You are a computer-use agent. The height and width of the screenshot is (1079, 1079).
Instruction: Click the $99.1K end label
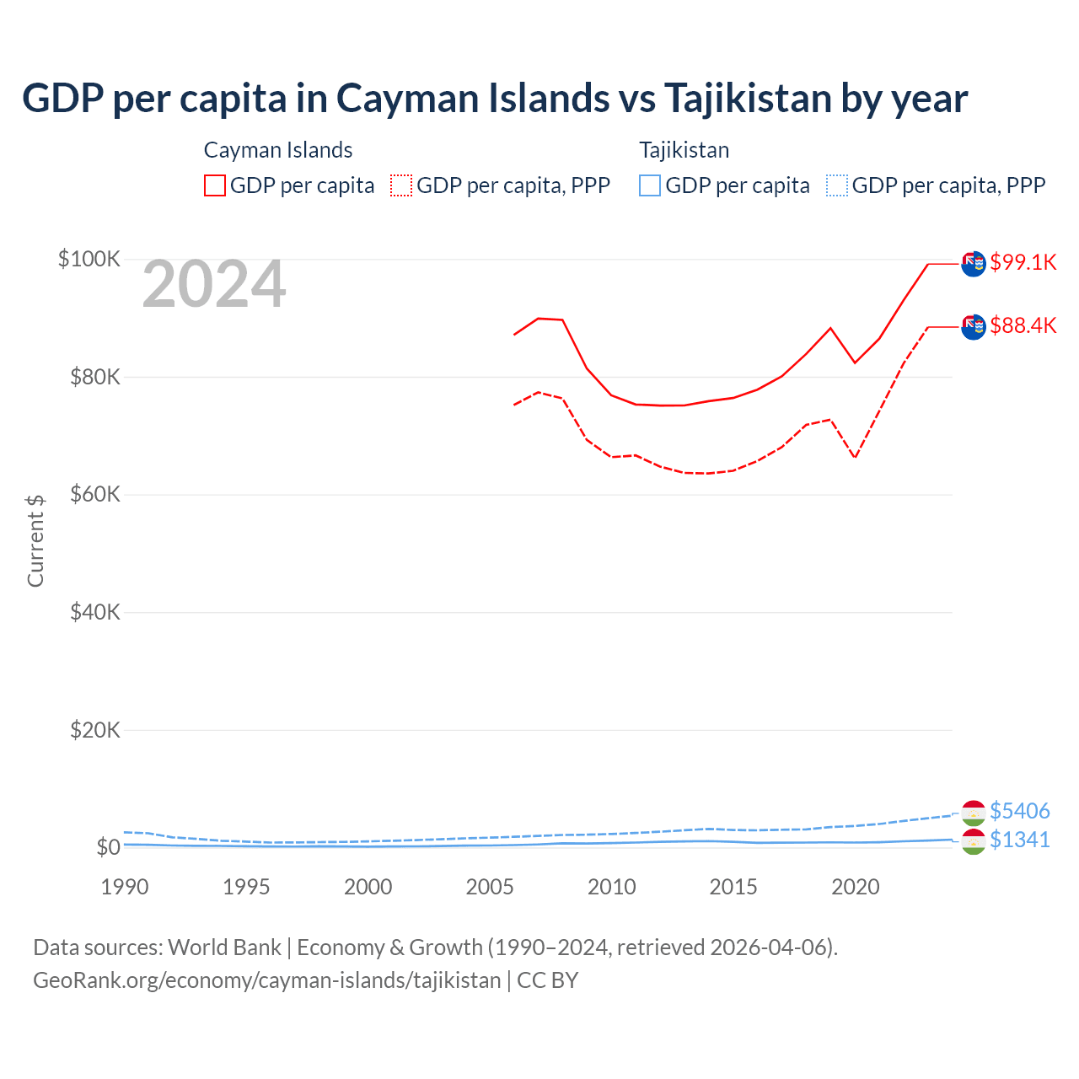pyautogui.click(x=1023, y=262)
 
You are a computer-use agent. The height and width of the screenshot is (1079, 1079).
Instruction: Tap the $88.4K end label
pyautogui.click(x=1023, y=325)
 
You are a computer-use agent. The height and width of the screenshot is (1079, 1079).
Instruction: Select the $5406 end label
pyautogui.click(x=1019, y=811)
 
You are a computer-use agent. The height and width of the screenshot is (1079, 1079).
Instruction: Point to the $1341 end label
pyautogui.click(x=1019, y=840)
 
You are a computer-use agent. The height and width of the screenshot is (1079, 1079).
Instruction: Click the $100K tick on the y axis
pyautogui.click(x=89, y=259)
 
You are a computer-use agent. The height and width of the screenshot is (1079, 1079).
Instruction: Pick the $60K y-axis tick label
pyautogui.click(x=95, y=494)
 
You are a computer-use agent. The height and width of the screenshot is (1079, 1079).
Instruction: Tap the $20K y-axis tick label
pyautogui.click(x=95, y=730)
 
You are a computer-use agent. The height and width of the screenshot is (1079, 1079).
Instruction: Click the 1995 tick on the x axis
pyautogui.click(x=246, y=887)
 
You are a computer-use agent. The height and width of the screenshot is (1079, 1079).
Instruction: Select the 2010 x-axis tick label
pyautogui.click(x=612, y=887)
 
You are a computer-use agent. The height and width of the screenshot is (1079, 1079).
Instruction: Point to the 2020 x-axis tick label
pyautogui.click(x=856, y=887)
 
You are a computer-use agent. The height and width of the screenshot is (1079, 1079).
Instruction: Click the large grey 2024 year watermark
pyautogui.click(x=214, y=285)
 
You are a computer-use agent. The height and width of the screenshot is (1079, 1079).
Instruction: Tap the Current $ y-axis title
pyautogui.click(x=35, y=540)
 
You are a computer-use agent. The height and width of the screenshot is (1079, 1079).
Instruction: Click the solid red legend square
pyautogui.click(x=215, y=185)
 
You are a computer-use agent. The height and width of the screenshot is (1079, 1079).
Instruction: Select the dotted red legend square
pyautogui.click(x=401, y=185)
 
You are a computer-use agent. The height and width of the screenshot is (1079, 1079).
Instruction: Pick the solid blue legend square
pyautogui.click(x=650, y=185)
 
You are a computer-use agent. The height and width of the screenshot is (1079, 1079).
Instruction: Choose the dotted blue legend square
pyautogui.click(x=837, y=185)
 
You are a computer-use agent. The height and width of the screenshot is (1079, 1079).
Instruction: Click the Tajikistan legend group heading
pyautogui.click(x=684, y=150)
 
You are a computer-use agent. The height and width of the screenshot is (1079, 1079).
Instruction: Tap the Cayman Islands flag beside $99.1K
pyautogui.click(x=974, y=264)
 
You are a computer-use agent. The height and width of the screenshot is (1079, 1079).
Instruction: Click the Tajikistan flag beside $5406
pyautogui.click(x=974, y=812)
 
